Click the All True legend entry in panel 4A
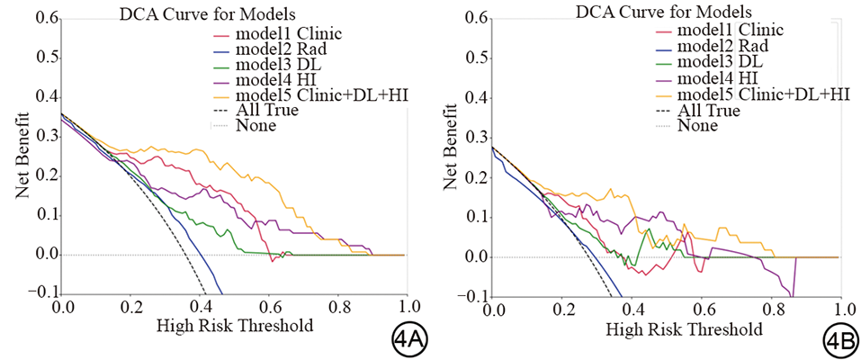click(x=266, y=110)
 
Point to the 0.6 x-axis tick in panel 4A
click(x=270, y=307)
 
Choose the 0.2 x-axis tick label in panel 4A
click(x=132, y=307)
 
